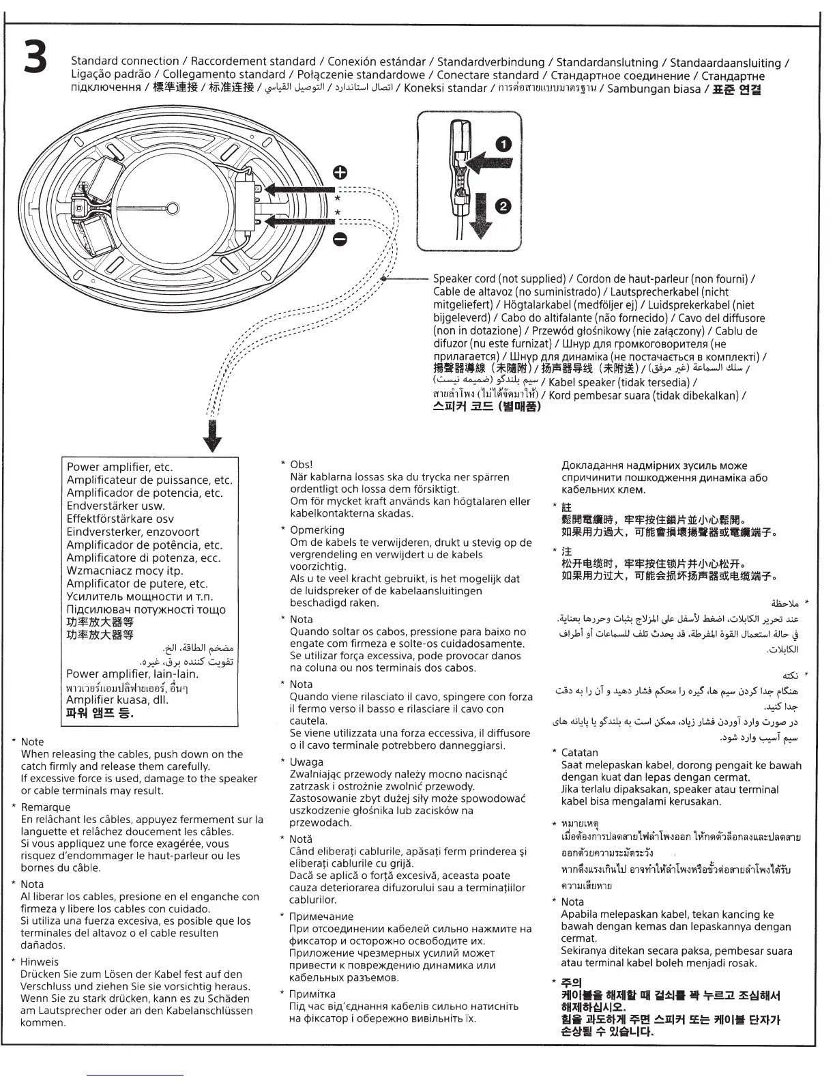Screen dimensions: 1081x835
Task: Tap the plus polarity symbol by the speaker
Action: pyautogui.click(x=340, y=171)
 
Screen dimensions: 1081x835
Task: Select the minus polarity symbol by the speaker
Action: pyautogui.click(x=340, y=238)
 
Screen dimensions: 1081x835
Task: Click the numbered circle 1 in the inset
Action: pyautogui.click(x=503, y=143)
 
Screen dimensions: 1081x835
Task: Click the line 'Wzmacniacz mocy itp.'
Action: pyautogui.click(x=125, y=571)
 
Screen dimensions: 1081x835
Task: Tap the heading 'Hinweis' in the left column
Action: pyautogui.click(x=40, y=962)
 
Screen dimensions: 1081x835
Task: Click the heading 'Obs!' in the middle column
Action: pyautogui.click(x=301, y=465)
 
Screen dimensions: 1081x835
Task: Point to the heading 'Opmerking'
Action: pyautogui.click(x=317, y=530)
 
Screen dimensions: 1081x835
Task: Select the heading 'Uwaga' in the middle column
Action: pyautogui.click(x=306, y=762)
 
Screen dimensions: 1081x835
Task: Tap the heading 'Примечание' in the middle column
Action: pyautogui.click(x=321, y=917)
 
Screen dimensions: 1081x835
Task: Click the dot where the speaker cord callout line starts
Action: pyautogui.click(x=385, y=279)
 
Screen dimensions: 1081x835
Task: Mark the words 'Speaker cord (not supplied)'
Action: pyautogui.click(x=499, y=279)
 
